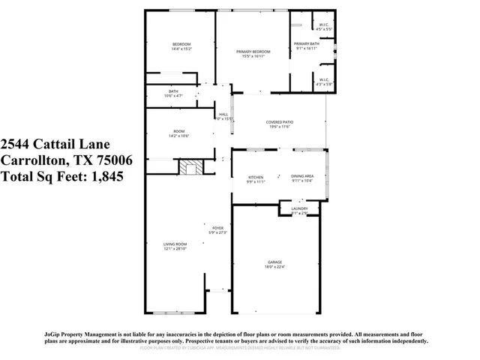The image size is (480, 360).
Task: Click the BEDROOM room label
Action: (182, 44)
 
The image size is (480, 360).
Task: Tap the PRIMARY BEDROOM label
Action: (253, 52)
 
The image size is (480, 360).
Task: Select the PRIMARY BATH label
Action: (306, 44)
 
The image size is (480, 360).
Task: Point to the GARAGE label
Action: (275, 262)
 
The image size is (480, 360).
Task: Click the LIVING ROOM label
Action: (175, 244)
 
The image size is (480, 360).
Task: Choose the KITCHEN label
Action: (256, 177)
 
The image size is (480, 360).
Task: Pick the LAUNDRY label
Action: (299, 209)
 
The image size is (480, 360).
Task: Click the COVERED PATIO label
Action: (278, 122)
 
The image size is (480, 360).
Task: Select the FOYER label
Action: (217, 228)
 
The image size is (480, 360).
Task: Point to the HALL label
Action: (223, 114)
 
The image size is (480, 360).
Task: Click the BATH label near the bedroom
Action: (173, 91)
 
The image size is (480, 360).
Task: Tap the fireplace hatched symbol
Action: (190, 166)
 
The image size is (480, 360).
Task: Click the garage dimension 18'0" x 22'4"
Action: (275, 266)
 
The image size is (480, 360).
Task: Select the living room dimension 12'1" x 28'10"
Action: (175, 248)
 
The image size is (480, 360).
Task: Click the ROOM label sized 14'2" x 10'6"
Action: (180, 131)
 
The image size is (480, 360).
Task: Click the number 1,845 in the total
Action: (104, 177)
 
